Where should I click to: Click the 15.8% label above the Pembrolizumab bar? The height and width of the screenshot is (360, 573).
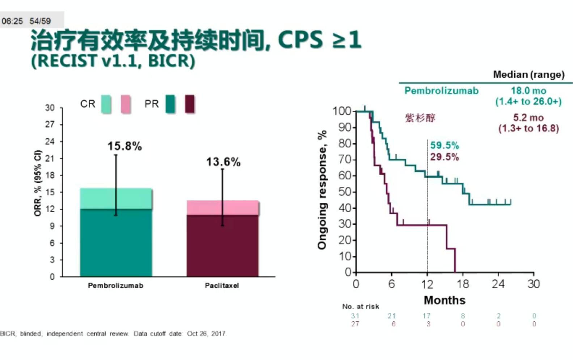coord(125,146)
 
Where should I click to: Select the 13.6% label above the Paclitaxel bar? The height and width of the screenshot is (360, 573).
coord(223,162)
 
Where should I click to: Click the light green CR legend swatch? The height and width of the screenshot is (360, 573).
coord(106,104)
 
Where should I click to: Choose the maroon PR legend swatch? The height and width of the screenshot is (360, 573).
coord(190,104)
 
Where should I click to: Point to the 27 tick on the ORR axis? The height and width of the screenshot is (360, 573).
coord(50,125)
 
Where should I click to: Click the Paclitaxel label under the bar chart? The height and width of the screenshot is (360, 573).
coord(222,285)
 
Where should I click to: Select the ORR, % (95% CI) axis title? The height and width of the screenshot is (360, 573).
coord(38,183)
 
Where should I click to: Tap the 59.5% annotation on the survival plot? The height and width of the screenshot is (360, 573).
coord(445,146)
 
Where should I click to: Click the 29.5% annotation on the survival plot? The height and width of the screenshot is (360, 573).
coord(445,157)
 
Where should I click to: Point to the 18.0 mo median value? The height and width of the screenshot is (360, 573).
coord(528,91)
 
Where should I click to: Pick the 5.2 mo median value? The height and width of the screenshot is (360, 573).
coord(528,118)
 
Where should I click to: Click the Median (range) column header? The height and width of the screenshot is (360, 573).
coord(528,75)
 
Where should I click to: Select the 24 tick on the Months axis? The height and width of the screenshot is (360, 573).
coord(498,284)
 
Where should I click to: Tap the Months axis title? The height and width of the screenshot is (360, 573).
coord(445,300)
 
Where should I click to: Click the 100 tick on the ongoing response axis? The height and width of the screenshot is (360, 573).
coord(342,111)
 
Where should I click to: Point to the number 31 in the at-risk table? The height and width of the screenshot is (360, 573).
coord(355,316)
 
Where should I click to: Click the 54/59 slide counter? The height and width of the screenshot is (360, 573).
coord(40,21)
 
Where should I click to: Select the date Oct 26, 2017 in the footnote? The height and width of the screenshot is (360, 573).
coord(206,334)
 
